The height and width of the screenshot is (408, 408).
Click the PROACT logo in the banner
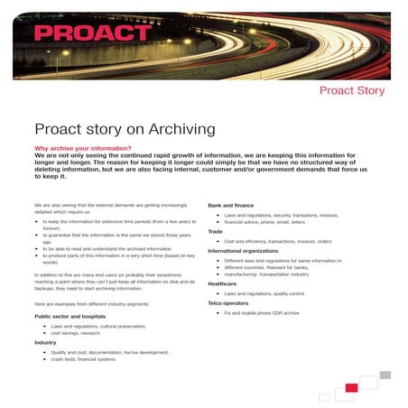(x=94, y=33)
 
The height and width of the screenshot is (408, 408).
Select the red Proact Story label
(x=351, y=90)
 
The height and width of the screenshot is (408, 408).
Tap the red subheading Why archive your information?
(x=83, y=147)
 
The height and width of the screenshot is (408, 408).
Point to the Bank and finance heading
(x=234, y=207)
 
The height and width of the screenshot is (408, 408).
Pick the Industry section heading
(x=45, y=343)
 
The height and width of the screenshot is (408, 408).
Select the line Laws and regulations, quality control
(x=264, y=293)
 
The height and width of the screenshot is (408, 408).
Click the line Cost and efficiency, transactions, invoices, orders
(x=278, y=241)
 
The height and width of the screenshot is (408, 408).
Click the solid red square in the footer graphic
(x=351, y=387)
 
